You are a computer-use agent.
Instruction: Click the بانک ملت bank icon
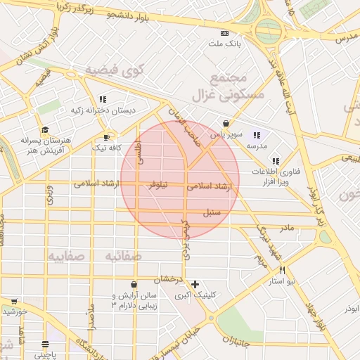click(x=224, y=33)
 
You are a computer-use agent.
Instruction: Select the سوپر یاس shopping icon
click(x=226, y=123)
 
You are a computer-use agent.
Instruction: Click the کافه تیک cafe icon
click(x=106, y=137)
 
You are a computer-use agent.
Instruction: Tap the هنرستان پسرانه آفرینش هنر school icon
click(x=46, y=130)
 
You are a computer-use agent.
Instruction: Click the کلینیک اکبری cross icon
click(x=195, y=284)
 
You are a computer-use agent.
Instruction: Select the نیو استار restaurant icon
click(x=282, y=270)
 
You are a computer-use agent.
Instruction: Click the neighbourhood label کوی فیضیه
click(x=115, y=70)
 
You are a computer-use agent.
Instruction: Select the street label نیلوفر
click(x=156, y=185)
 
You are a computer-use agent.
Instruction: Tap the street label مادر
click(x=287, y=228)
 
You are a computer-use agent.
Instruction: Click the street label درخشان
click(x=169, y=280)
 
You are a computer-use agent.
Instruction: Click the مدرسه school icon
click(x=257, y=135)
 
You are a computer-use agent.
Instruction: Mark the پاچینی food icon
click(x=46, y=345)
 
